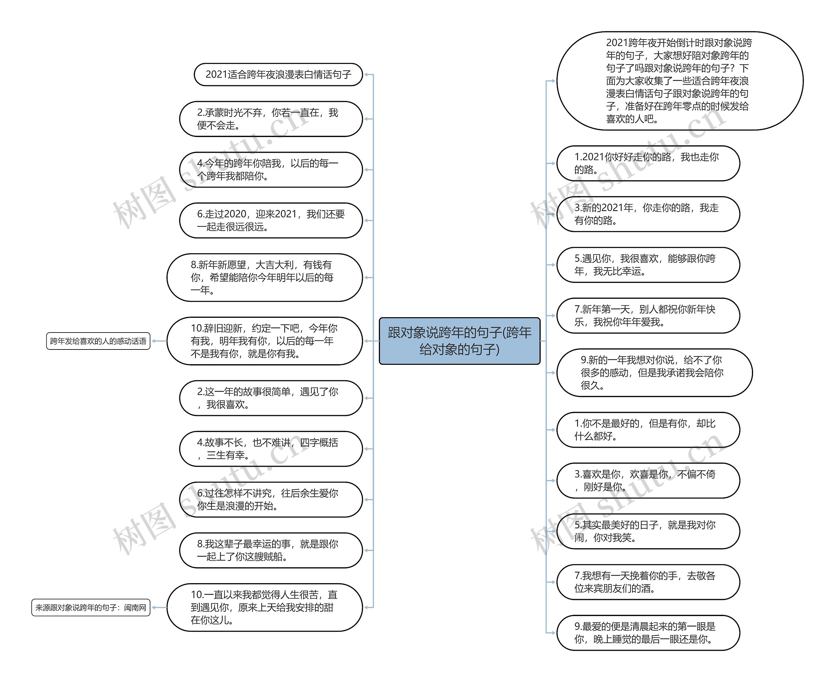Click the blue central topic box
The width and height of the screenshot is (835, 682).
459,341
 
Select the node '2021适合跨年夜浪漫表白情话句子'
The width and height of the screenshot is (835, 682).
278,74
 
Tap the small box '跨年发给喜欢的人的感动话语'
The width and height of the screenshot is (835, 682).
98,341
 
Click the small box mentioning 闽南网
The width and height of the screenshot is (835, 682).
91,607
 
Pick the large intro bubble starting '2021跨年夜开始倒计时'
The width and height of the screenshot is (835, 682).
679,81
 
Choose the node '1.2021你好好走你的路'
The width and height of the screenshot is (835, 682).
648,163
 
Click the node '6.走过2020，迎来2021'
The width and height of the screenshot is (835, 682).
270,220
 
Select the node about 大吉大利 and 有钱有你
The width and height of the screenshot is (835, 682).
264,277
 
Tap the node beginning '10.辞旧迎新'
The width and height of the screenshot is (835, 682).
264,341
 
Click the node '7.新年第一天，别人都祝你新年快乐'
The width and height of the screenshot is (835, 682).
648,316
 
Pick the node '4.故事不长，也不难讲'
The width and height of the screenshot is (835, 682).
270,449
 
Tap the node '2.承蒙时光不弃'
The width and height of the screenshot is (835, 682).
270,119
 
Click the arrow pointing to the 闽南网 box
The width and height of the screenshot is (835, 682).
155,607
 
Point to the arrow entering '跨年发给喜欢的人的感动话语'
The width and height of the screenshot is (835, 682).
155,341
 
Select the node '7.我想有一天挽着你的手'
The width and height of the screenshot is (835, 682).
648,582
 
